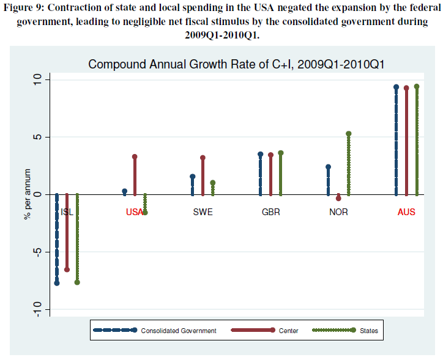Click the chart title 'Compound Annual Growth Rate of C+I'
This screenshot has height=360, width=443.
[x=236, y=64]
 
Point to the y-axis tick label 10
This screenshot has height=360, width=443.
[x=37, y=80]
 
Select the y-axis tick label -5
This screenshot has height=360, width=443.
[x=37, y=252]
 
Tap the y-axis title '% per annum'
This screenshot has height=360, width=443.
[x=27, y=194]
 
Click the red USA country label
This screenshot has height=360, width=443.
[x=134, y=213]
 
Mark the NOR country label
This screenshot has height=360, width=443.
[x=338, y=213]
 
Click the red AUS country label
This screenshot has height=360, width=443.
[x=406, y=213]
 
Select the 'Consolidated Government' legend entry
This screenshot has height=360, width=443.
[x=178, y=331]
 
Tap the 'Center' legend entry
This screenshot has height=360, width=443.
[x=288, y=331]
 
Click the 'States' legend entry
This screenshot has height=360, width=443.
[x=369, y=331]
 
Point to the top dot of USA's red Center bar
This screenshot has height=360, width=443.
[x=135, y=156]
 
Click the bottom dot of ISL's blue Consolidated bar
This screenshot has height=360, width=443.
[x=57, y=283]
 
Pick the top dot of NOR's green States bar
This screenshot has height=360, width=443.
[x=349, y=134]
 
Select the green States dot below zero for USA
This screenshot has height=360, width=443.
[x=145, y=212]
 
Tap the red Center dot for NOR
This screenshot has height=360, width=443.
[x=338, y=199]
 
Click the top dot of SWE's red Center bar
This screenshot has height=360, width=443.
[x=203, y=158]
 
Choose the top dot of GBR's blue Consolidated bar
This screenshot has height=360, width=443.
[x=260, y=155]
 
